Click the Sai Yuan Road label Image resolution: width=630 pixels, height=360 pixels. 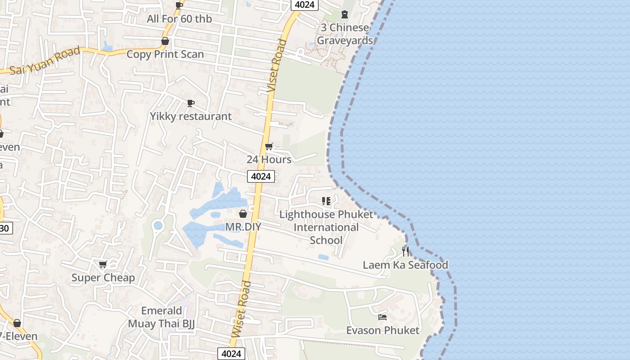click(x=45, y=60)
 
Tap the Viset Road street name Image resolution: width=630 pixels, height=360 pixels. click(x=276, y=66)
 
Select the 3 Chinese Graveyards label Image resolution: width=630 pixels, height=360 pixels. click(x=345, y=34)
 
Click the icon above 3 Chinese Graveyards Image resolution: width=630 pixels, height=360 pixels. click(x=345, y=14)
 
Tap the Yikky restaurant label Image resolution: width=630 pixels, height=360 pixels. click(x=191, y=116)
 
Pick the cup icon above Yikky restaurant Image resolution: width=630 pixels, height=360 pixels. click(x=191, y=103)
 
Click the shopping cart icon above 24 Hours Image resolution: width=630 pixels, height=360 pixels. click(x=269, y=146)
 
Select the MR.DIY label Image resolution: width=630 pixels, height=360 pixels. click(x=243, y=226)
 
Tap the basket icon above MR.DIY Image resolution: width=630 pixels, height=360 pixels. click(x=243, y=214)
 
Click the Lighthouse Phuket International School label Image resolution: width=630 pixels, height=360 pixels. click(x=326, y=227)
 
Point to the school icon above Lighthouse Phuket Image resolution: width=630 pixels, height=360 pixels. click(x=326, y=201)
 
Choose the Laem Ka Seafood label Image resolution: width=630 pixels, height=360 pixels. click(x=405, y=265)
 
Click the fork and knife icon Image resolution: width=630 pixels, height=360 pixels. click(x=405, y=251)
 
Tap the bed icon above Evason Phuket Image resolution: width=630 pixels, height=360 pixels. click(x=382, y=317)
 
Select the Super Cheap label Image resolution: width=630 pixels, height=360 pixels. click(x=103, y=278)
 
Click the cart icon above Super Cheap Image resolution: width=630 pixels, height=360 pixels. click(x=103, y=265)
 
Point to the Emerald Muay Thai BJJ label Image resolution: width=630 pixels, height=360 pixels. click(x=161, y=317)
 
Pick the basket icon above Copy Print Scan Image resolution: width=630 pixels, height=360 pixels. click(x=165, y=41)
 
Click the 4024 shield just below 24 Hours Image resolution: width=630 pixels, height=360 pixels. click(x=261, y=176)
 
